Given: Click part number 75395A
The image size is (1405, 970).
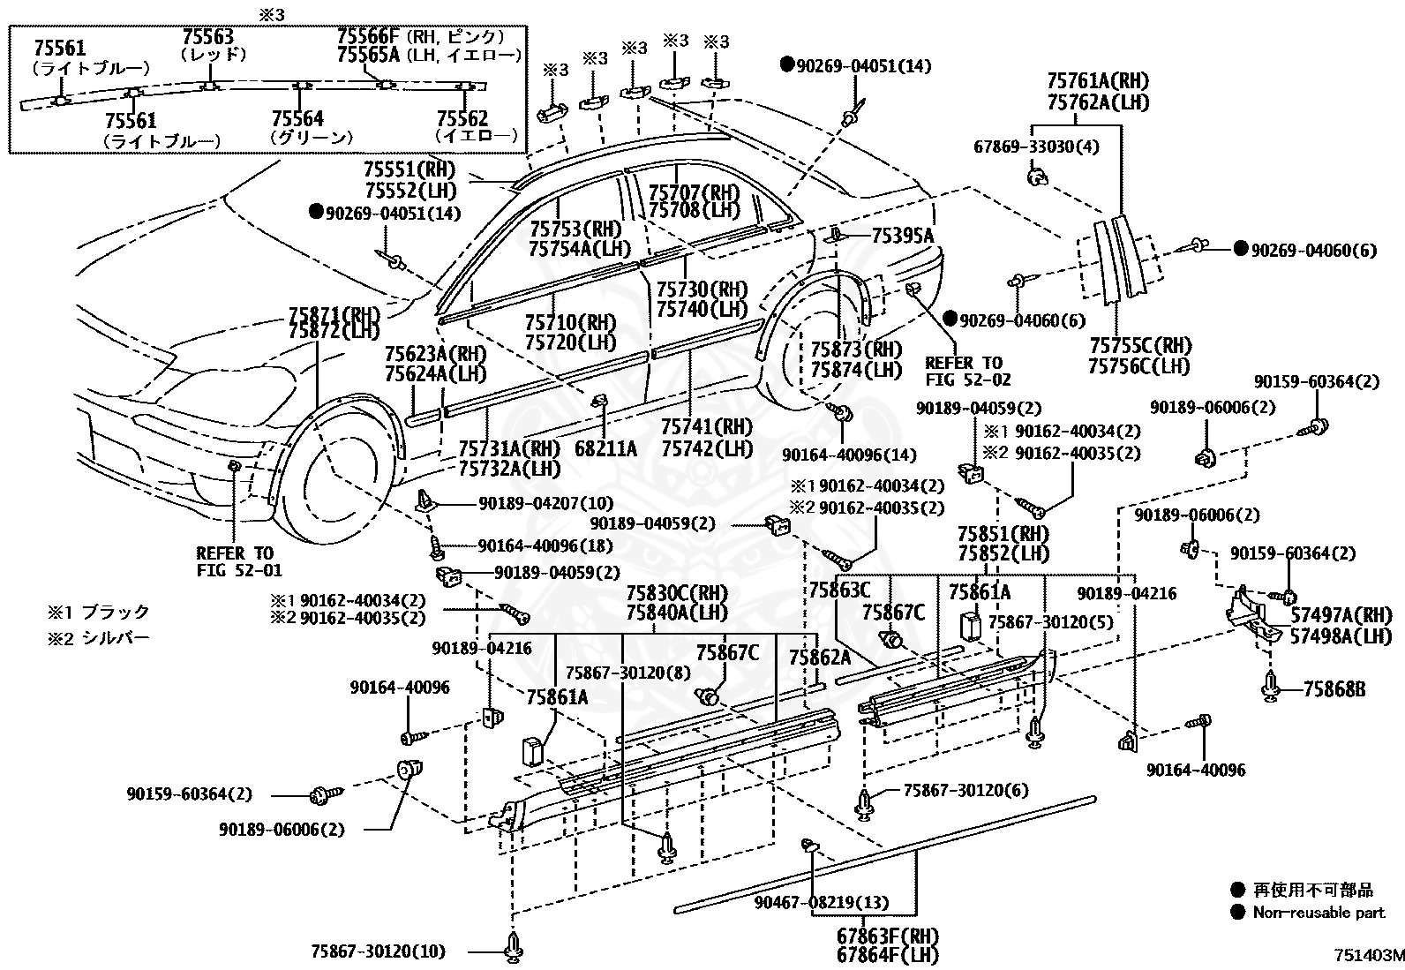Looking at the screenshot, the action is pyautogui.click(x=903, y=236).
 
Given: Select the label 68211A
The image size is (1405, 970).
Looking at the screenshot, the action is pyautogui.click(x=605, y=448).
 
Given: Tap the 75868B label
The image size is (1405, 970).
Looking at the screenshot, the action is pyautogui.click(x=1334, y=689).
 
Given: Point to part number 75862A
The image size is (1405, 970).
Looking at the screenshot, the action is pyautogui.click(x=820, y=657).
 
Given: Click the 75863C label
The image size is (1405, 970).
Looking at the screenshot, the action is pyautogui.click(x=840, y=590).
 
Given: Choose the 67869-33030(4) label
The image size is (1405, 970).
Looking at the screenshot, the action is pyautogui.click(x=1036, y=147).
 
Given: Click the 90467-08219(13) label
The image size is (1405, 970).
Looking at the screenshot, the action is pyautogui.click(x=822, y=902).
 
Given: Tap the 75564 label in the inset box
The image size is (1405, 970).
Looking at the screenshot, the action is pyautogui.click(x=297, y=118).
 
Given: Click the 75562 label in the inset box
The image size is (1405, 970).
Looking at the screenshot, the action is pyautogui.click(x=462, y=118).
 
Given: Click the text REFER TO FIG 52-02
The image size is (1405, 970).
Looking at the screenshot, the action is pyautogui.click(x=968, y=371).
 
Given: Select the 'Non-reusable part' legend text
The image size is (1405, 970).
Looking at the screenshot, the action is pyautogui.click(x=1319, y=913).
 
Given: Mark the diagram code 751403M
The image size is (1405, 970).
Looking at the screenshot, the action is pyautogui.click(x=1369, y=955).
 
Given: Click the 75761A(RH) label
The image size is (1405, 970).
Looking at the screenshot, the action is pyautogui.click(x=1098, y=81).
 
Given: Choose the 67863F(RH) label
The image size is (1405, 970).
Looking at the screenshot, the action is pyautogui.click(x=888, y=936).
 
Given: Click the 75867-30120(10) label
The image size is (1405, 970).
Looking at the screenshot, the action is pyautogui.click(x=379, y=951).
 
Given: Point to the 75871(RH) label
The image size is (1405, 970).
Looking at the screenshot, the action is pyautogui.click(x=334, y=313).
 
